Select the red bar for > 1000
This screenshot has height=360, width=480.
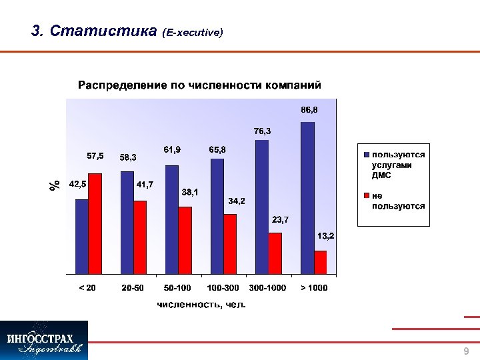click(x=320, y=262)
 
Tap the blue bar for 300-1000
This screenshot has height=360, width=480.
click(x=262, y=207)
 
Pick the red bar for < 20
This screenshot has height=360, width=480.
click(x=95, y=223)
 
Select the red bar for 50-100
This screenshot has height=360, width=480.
click(x=185, y=240)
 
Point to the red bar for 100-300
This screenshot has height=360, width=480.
click(x=230, y=243)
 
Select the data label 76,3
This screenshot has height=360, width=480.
click(x=262, y=131)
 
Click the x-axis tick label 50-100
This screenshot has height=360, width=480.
click(x=177, y=287)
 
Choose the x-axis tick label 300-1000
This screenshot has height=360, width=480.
click(x=267, y=287)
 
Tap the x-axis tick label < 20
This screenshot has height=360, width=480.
click(x=87, y=287)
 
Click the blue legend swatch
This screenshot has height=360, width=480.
click(x=365, y=155)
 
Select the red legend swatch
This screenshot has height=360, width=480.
click(x=365, y=197)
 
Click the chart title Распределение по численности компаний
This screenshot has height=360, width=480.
click(x=199, y=85)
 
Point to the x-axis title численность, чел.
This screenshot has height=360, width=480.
click(x=201, y=305)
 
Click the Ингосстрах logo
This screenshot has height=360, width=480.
click(x=44, y=340)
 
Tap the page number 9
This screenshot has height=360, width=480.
click(x=466, y=351)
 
